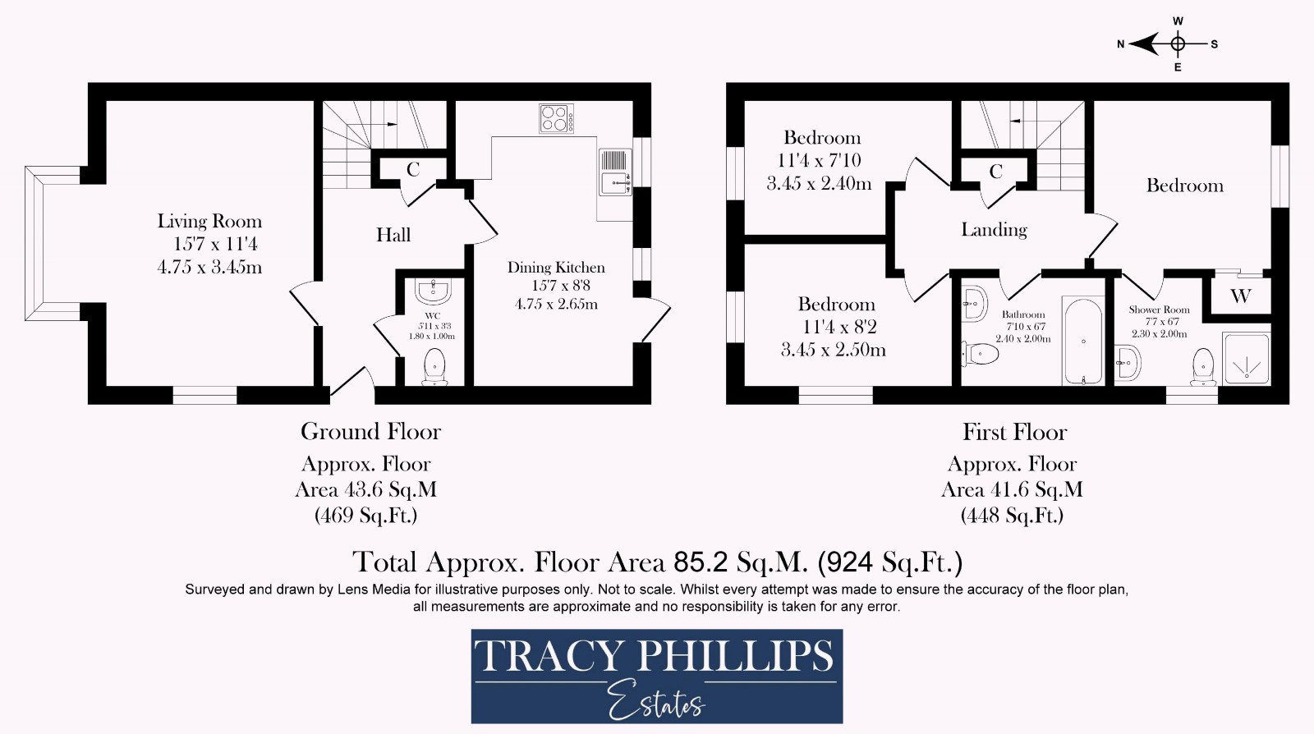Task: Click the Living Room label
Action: click(209, 222)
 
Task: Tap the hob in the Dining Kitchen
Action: click(556, 118)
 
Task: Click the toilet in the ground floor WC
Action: click(434, 366)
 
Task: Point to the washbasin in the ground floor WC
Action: click(433, 291)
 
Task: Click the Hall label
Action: click(393, 236)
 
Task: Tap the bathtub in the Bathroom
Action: click(1083, 341)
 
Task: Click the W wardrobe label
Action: click(1240, 296)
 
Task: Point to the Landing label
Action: click(994, 230)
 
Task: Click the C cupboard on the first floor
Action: click(995, 172)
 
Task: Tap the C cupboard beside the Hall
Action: click(413, 170)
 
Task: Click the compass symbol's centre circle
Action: click(1178, 44)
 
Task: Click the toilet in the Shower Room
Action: click(1203, 365)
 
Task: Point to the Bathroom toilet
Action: click(981, 354)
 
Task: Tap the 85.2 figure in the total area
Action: click(700, 562)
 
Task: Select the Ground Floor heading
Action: click(370, 432)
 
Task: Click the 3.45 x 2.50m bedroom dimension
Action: click(833, 351)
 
